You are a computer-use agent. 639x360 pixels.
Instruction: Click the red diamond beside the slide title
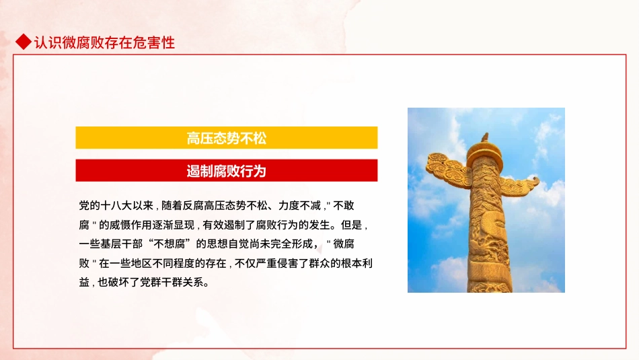23,42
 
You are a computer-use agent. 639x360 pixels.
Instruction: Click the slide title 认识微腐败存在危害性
104,42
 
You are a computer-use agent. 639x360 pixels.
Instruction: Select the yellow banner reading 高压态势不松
226,138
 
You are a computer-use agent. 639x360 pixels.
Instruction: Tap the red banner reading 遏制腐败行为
226,171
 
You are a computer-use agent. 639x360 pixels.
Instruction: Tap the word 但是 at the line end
355,224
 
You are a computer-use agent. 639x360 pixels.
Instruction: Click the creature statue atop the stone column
484,138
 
